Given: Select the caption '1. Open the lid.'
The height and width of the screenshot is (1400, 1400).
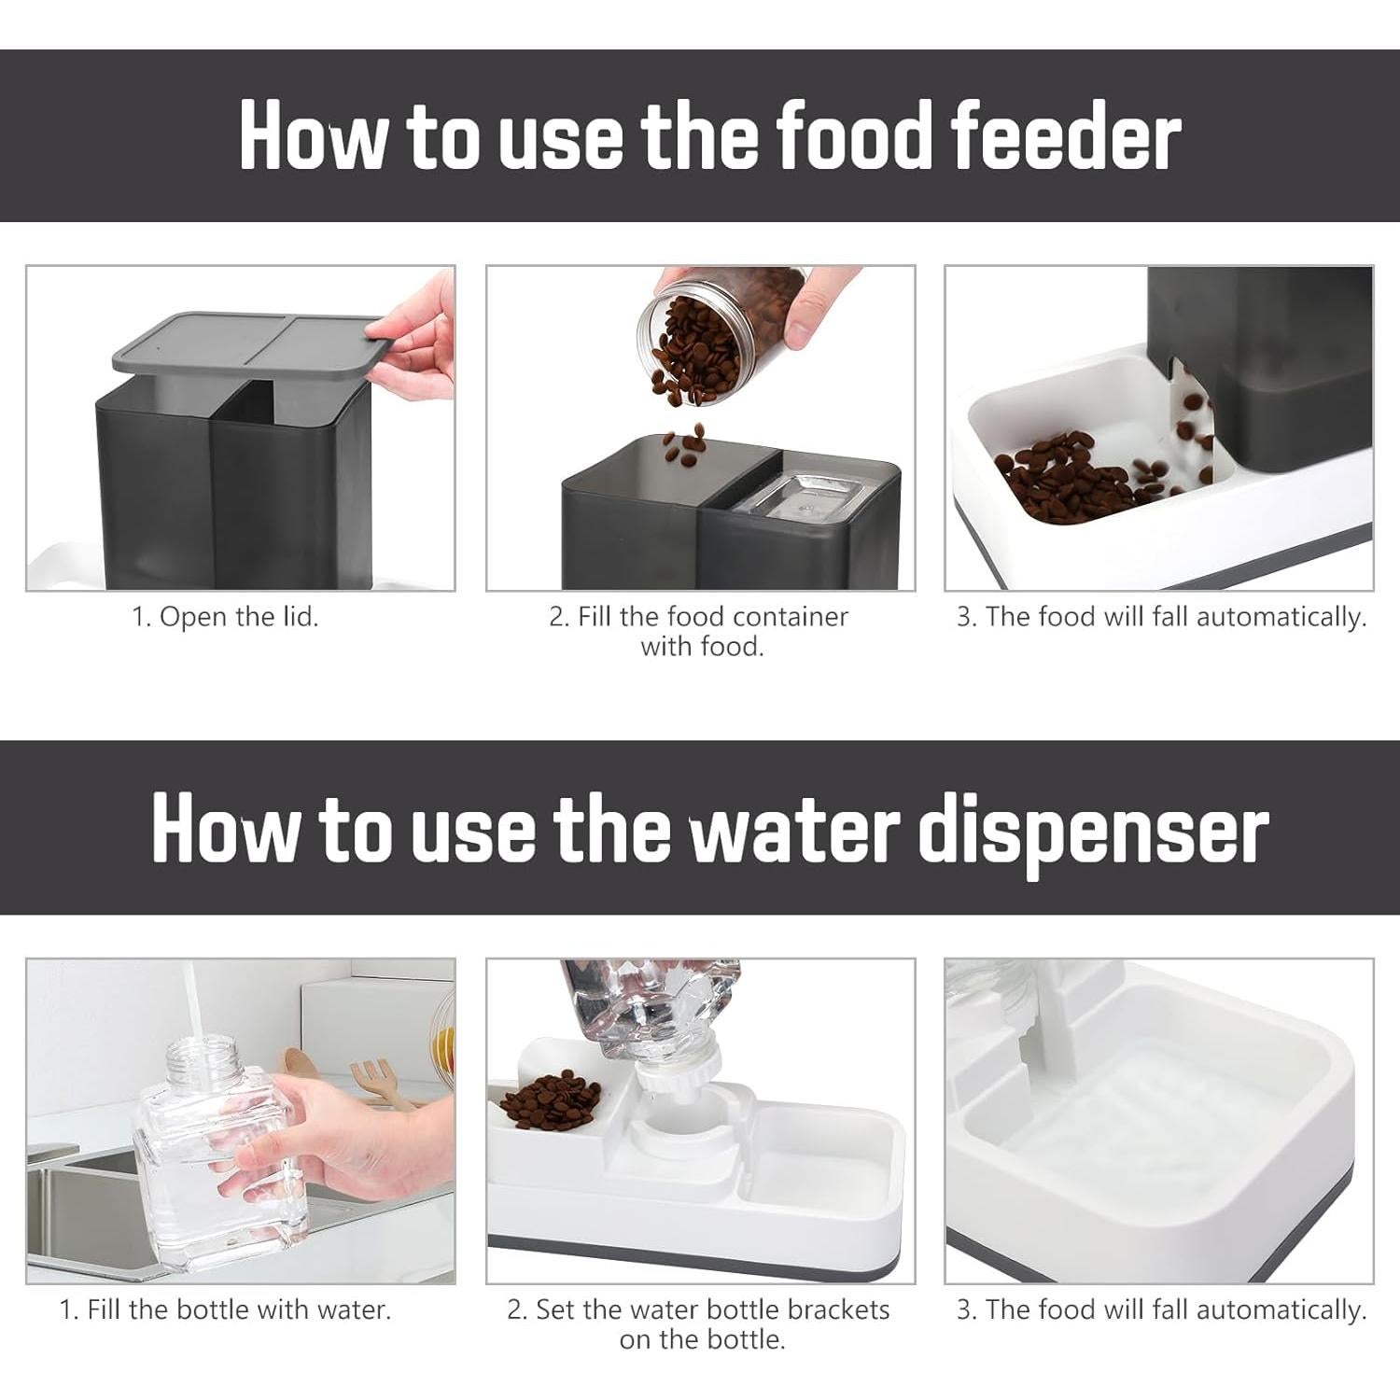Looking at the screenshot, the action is pyautogui.click(x=226, y=617).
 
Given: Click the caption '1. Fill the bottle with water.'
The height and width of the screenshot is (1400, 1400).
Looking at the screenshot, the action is pyautogui.click(x=226, y=1309).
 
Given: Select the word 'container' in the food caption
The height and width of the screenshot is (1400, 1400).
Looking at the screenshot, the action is pyautogui.click(x=791, y=617).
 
